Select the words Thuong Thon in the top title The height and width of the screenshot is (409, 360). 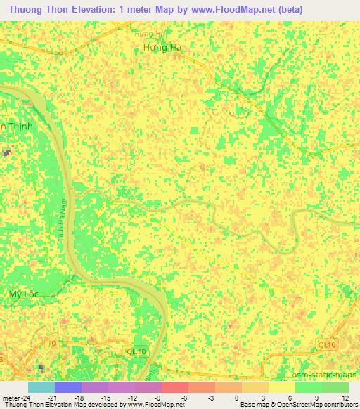(34, 10)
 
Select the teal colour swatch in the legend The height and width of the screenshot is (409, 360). (41, 387)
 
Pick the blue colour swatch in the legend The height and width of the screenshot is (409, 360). (68, 387)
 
